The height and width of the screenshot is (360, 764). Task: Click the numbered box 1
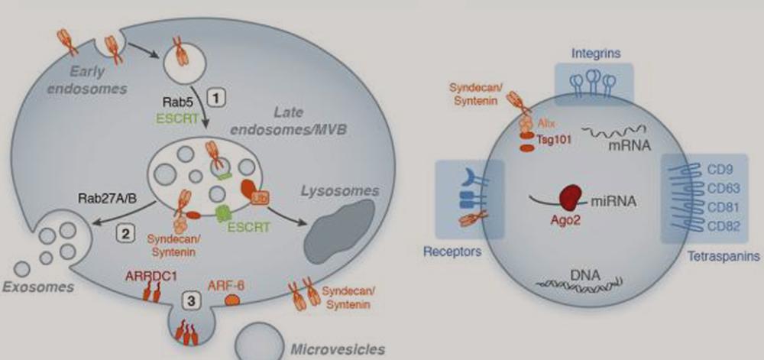[x=218, y=97]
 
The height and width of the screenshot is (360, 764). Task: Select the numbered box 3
[x=195, y=301]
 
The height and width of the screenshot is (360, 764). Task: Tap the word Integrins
[x=597, y=53]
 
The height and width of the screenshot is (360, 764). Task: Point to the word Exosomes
[x=38, y=287]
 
